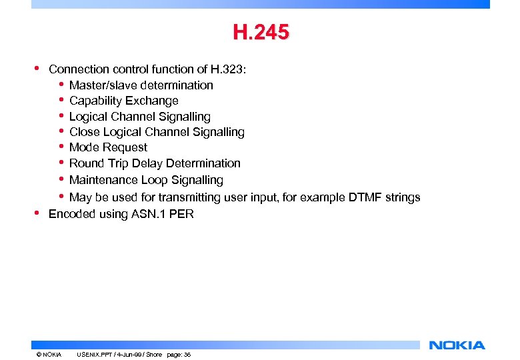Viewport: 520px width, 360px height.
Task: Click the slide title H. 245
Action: pyautogui.click(x=261, y=33)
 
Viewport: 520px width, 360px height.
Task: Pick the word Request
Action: pyautogui.click(x=125, y=147)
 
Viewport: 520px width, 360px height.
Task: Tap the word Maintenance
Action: pyautogui.click(x=102, y=180)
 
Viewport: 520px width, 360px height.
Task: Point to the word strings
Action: pyautogui.click(x=400, y=197)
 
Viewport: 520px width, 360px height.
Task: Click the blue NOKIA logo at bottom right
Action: pyautogui.click(x=457, y=345)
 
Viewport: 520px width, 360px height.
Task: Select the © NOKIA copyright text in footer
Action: pyautogui.click(x=49, y=355)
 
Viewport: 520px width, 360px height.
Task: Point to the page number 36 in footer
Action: pyautogui.click(x=187, y=355)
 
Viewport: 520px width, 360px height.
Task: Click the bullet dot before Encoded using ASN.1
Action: pyautogui.click(x=36, y=213)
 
